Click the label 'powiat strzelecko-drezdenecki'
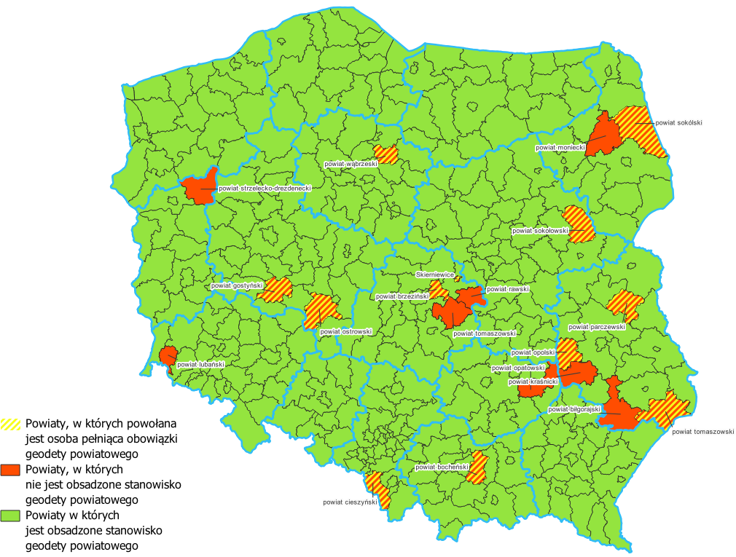(x=265, y=188)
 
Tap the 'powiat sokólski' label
(x=678, y=123)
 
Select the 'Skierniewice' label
(x=435, y=274)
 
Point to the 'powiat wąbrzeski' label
(x=351, y=165)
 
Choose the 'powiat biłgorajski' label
(x=573, y=409)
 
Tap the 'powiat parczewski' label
(x=602, y=327)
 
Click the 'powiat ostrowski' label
(x=346, y=331)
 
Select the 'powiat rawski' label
(x=507, y=289)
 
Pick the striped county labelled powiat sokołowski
(x=579, y=224)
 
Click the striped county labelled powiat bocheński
(x=479, y=467)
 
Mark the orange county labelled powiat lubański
(x=168, y=357)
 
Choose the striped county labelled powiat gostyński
(x=278, y=289)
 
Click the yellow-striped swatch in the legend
(x=11, y=423)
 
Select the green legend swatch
(x=11, y=515)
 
